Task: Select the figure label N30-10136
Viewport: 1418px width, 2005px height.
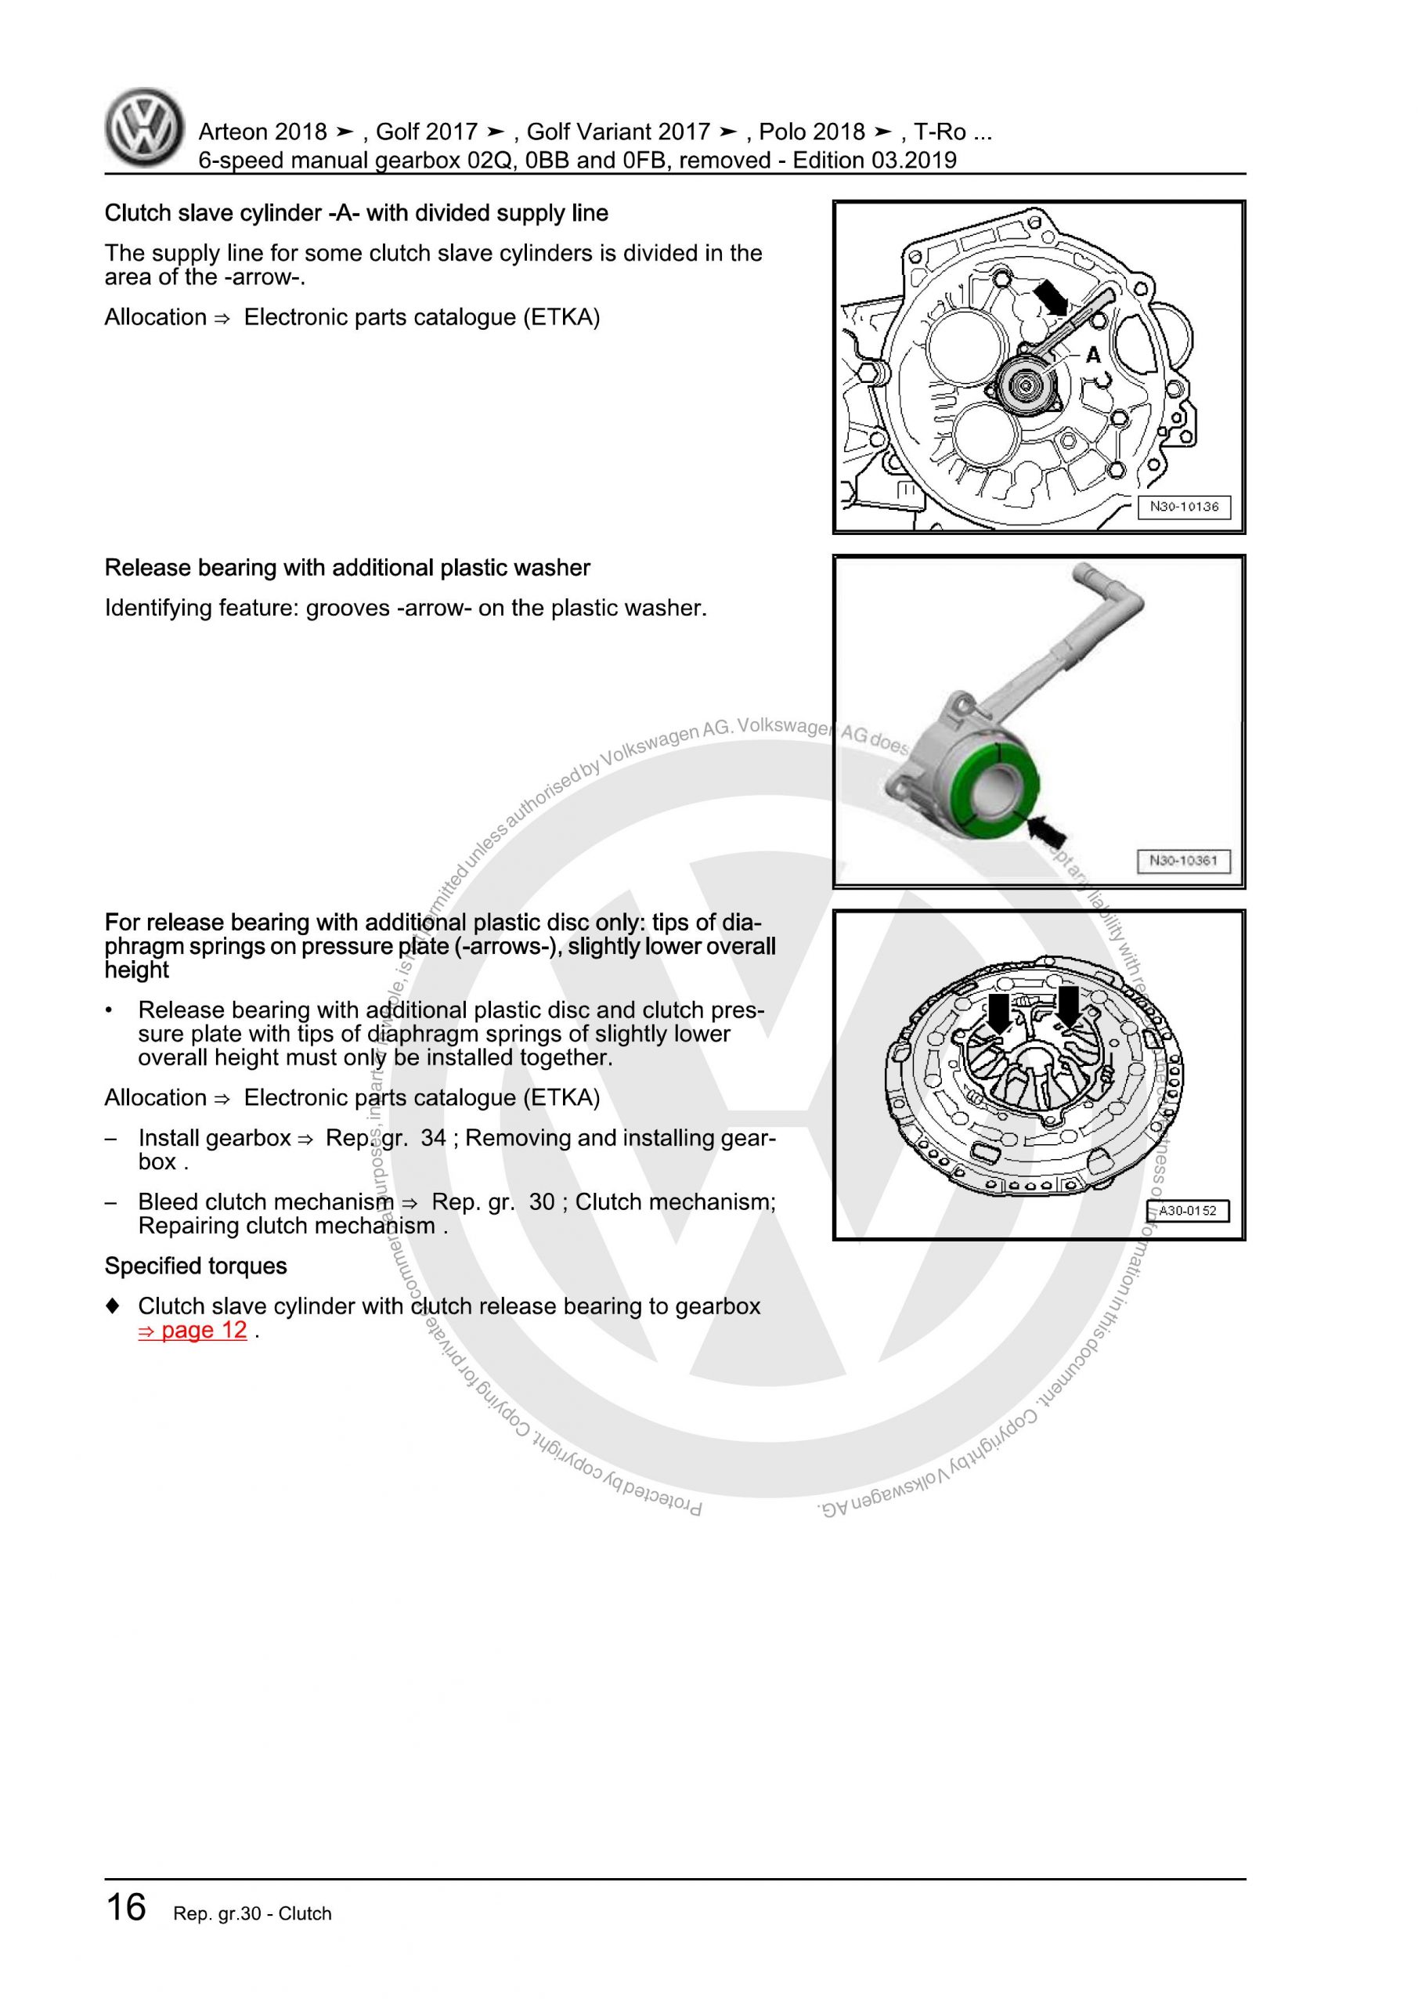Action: point(1183,507)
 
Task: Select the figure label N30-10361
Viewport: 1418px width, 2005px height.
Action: point(1183,860)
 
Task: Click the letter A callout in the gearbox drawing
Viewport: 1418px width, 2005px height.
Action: point(1093,356)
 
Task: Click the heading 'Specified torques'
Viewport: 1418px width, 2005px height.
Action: point(196,1266)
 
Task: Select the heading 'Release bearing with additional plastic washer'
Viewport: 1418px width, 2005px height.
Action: point(347,568)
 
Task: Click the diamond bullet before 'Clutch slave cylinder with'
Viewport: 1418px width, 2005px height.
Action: point(112,1306)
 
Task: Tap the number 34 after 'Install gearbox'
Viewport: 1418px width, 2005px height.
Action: point(433,1138)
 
